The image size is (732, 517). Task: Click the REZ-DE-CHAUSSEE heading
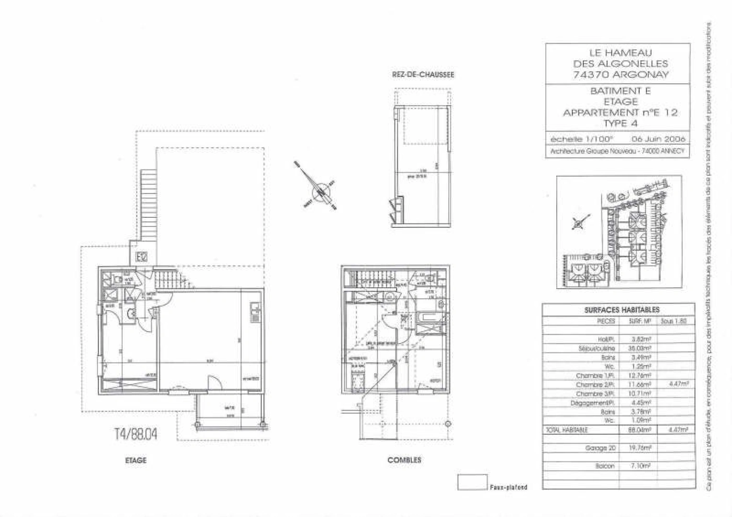423,75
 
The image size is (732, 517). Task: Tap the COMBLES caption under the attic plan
404,460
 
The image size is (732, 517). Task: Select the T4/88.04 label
136,434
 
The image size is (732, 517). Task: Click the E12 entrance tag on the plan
142,257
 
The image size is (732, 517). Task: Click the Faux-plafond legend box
472,482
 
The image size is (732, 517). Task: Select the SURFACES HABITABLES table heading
621,310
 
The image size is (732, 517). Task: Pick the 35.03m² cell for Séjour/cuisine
642,348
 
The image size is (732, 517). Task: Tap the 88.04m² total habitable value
642,430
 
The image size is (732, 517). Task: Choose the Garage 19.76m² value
642,448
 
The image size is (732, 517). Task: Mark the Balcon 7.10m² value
642,466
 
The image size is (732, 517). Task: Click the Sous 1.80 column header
673,321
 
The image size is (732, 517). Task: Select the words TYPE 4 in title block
621,124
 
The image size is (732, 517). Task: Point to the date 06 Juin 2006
658,139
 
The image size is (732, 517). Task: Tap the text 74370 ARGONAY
620,74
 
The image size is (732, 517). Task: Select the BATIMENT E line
620,91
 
